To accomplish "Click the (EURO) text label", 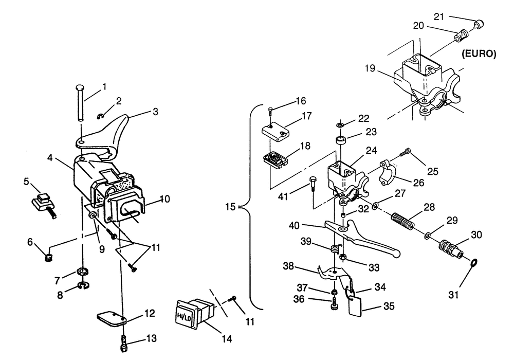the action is (x=479, y=54).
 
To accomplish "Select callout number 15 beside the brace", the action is (x=230, y=207).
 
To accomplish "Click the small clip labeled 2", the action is (x=101, y=116).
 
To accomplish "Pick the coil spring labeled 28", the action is (x=402, y=222).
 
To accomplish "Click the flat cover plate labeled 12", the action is (x=112, y=319).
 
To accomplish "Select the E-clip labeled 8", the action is (x=83, y=286).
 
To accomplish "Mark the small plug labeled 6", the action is (x=48, y=258).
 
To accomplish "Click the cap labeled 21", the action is (x=479, y=24).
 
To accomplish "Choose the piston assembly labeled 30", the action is (x=450, y=249).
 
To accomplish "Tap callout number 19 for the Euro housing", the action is (x=370, y=68).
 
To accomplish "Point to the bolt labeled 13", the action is (x=124, y=344).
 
